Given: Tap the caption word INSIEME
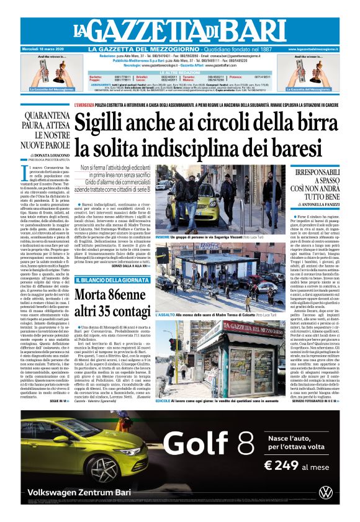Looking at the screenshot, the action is tap(163, 236).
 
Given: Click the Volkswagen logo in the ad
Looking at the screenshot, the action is tap(325, 492).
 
